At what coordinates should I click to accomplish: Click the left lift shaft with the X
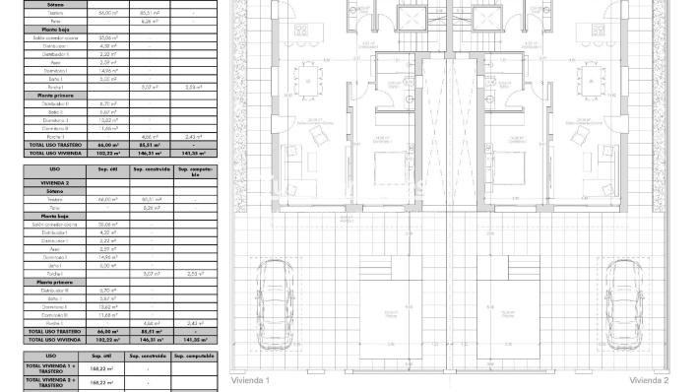coord(407,20)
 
